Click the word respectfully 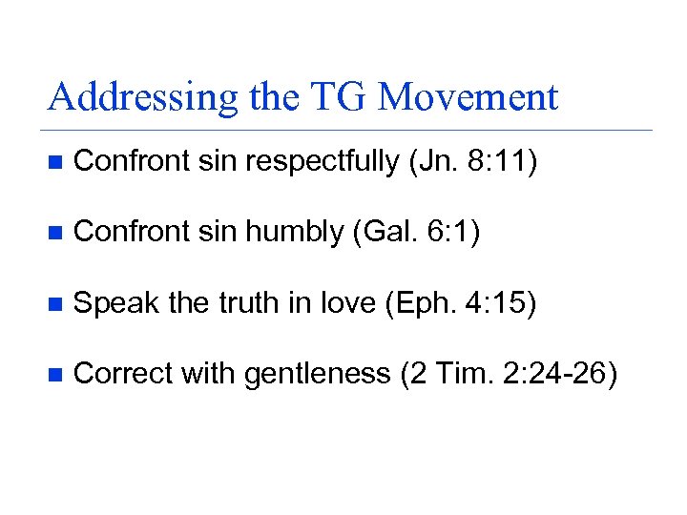point(323,163)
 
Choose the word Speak point(116,303)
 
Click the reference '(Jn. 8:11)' point(473,163)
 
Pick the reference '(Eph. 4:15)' point(461,303)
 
